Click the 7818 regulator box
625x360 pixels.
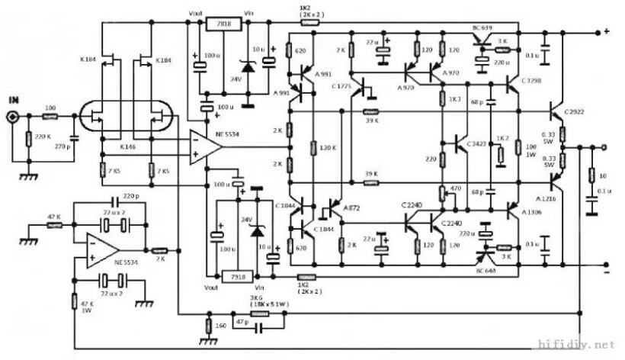[x=223, y=24]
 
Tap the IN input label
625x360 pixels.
[x=14, y=100]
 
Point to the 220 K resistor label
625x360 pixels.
[x=42, y=137]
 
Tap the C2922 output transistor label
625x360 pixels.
[x=575, y=112]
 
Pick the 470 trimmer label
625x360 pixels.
[x=456, y=189]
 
